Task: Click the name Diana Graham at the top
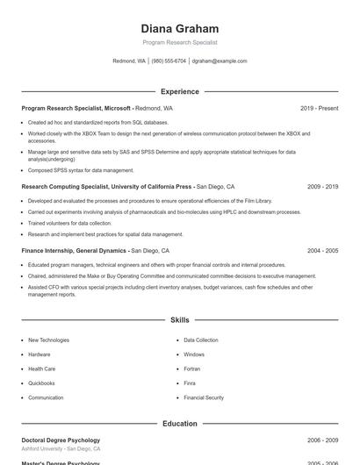(x=179, y=29)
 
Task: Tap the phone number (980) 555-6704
(x=169, y=61)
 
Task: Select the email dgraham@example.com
(x=220, y=61)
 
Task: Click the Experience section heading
(x=179, y=91)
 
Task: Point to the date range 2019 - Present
(x=319, y=108)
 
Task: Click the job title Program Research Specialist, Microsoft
(x=76, y=108)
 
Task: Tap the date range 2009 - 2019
(x=322, y=187)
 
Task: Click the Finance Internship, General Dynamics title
(x=75, y=251)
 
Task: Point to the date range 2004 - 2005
(x=322, y=251)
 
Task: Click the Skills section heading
(x=179, y=321)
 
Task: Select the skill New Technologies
(x=48, y=340)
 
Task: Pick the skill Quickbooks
(x=41, y=383)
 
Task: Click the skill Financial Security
(x=204, y=398)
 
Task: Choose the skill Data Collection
(x=201, y=340)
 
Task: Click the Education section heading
(x=179, y=424)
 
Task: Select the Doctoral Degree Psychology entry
(x=61, y=440)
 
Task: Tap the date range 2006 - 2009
(x=322, y=440)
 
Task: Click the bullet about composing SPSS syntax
(x=81, y=170)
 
